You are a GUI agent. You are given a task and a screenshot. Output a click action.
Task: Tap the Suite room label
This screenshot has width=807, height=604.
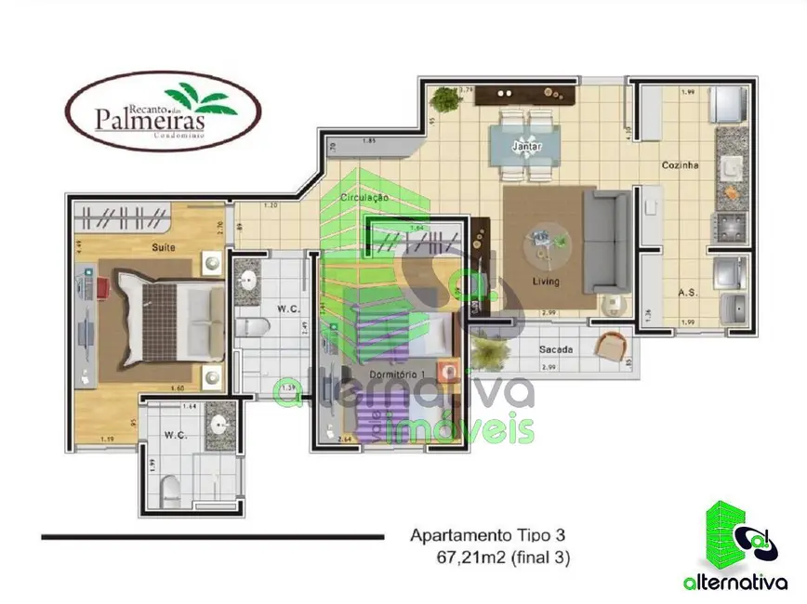point(166,247)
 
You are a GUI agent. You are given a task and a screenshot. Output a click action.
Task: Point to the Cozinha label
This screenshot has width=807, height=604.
point(680,165)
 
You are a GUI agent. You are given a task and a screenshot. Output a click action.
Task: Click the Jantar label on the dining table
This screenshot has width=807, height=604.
point(526,147)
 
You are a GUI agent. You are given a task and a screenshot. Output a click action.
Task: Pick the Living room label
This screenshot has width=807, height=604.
point(546,280)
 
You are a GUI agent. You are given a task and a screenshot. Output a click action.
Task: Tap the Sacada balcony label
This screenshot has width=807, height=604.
point(555,349)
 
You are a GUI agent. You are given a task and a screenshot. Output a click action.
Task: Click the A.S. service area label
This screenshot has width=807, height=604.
point(688,292)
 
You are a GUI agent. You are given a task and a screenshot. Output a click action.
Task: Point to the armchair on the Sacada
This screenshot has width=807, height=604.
point(612,348)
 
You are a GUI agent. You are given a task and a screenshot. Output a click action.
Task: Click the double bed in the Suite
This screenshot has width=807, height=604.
point(167,316)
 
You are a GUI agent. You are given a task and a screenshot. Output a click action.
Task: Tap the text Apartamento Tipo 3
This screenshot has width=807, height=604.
point(487,535)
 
